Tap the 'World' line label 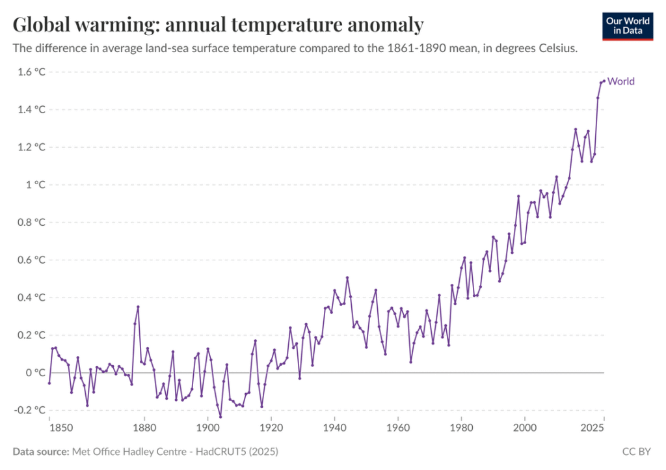(x=620, y=81)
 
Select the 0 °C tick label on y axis (x=36, y=373)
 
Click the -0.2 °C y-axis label (x=30, y=410)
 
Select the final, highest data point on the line (x=604, y=81)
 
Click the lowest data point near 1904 (x=220, y=417)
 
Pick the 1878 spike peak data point (x=138, y=307)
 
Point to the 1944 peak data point (x=347, y=277)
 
